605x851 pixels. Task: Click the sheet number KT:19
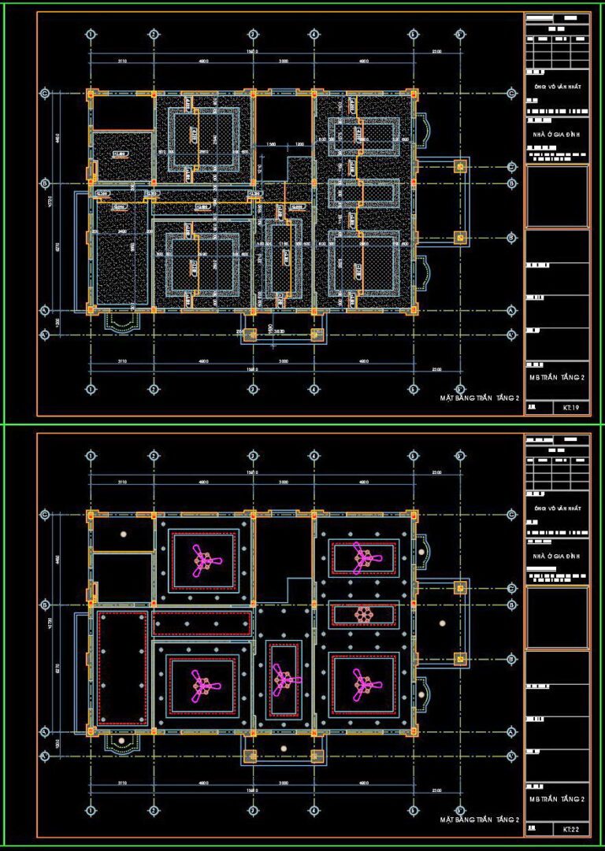(x=571, y=408)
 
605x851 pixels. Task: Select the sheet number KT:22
(x=571, y=829)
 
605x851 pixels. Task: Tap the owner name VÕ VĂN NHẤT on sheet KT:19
(x=562, y=87)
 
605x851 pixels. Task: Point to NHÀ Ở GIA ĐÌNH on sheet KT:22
(x=557, y=556)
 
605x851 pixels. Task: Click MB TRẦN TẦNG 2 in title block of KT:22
(x=557, y=799)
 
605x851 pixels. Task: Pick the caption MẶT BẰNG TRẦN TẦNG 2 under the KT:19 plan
(x=480, y=399)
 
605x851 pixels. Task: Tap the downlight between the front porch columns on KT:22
(x=284, y=749)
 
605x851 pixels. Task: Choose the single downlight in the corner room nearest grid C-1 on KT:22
(x=123, y=535)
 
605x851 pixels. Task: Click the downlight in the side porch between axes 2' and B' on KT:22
(x=442, y=623)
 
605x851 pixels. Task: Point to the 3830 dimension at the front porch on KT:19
(x=280, y=331)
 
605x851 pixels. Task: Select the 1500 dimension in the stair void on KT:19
(x=271, y=145)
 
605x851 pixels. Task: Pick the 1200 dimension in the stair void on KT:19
(x=299, y=145)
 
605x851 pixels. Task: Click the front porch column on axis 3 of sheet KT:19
(x=251, y=335)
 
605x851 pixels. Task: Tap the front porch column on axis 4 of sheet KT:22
(x=317, y=756)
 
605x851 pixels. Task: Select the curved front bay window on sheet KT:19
(x=121, y=321)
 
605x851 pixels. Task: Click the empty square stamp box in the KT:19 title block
(x=557, y=196)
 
